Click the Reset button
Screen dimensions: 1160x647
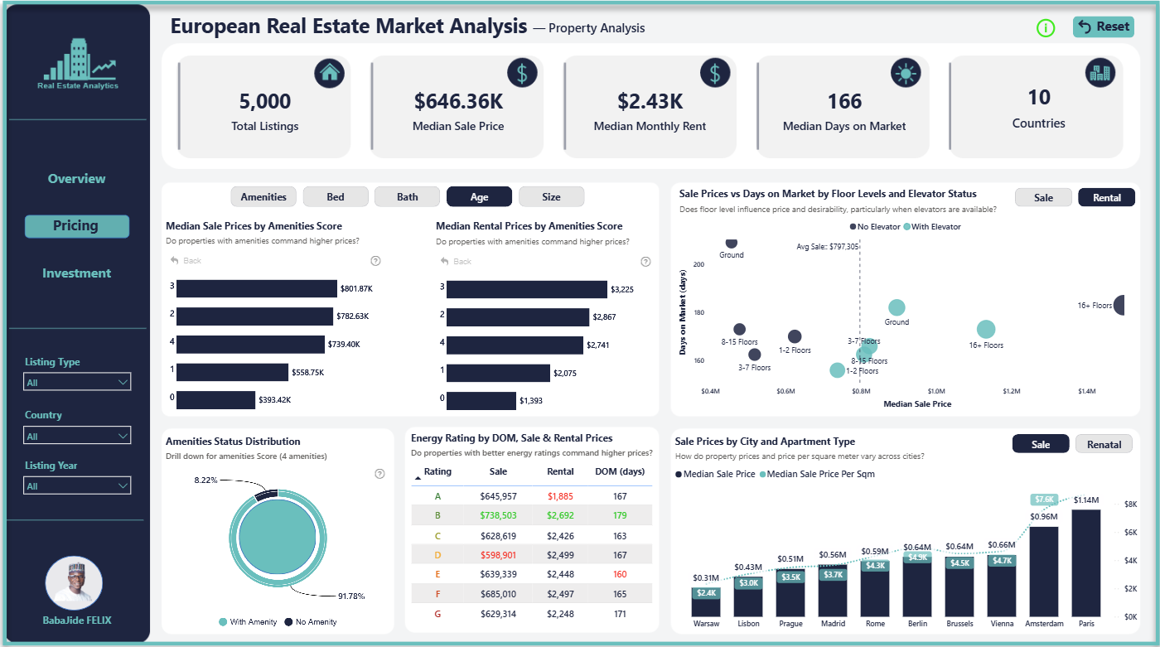coord(1104,27)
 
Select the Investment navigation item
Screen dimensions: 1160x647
coord(76,273)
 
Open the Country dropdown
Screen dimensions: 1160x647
coord(77,436)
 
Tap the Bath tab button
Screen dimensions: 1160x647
coord(407,197)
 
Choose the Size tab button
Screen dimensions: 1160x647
coord(551,197)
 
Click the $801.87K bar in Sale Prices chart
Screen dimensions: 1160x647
coord(256,288)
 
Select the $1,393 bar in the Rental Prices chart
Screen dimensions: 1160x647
coord(481,401)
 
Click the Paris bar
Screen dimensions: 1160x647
coord(1086,563)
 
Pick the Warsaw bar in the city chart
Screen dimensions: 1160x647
coord(706,602)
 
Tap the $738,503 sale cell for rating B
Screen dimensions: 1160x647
coord(498,515)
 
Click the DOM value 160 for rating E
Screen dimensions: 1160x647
coord(620,574)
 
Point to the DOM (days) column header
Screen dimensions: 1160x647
coord(620,471)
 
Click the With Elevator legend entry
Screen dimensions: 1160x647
coord(932,227)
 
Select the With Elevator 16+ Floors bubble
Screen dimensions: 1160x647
coord(986,329)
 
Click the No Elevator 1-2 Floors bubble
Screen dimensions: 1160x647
coord(795,336)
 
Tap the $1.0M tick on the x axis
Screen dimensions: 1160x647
coord(936,391)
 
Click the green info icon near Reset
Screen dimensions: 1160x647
coord(1046,28)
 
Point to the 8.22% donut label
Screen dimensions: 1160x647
coord(205,480)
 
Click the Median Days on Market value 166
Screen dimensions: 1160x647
coord(844,101)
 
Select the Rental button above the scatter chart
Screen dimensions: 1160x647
coord(1106,198)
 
